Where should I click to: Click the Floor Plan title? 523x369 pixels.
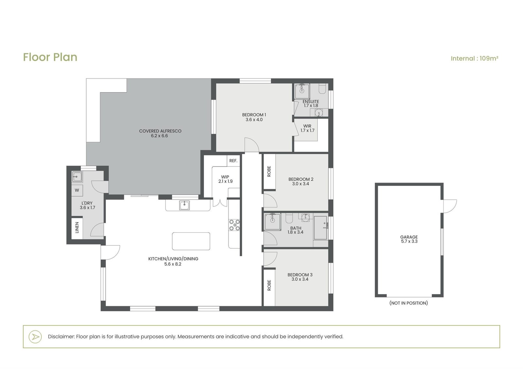pyautogui.click(x=50, y=57)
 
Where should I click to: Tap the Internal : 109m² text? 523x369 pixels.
pyautogui.click(x=474, y=59)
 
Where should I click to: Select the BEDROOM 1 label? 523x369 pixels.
pyautogui.click(x=254, y=117)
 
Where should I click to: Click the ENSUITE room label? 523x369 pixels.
pyautogui.click(x=311, y=102)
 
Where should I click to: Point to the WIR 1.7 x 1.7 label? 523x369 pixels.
pyautogui.click(x=307, y=128)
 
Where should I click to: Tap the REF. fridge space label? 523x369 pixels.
pyautogui.click(x=233, y=161)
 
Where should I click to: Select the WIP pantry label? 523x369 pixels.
pyautogui.click(x=225, y=179)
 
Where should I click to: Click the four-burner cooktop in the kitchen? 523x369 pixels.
pyautogui.click(x=234, y=225)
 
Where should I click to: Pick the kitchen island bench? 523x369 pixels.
pyautogui.click(x=191, y=241)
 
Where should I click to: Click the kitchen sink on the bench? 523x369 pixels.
pyautogui.click(x=184, y=205)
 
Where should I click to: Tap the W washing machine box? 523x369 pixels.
pyautogui.click(x=77, y=190)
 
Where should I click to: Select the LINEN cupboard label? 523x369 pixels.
pyautogui.click(x=77, y=228)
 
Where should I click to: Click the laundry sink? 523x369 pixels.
pyautogui.click(x=77, y=177)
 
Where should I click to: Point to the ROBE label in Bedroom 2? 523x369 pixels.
pyautogui.click(x=269, y=171)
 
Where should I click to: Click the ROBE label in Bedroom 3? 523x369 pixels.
pyautogui.click(x=269, y=285)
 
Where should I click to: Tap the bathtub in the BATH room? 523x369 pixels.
pyautogui.click(x=320, y=228)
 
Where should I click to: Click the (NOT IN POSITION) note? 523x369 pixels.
pyautogui.click(x=409, y=303)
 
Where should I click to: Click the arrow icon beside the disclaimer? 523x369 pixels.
pyautogui.click(x=35, y=337)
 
